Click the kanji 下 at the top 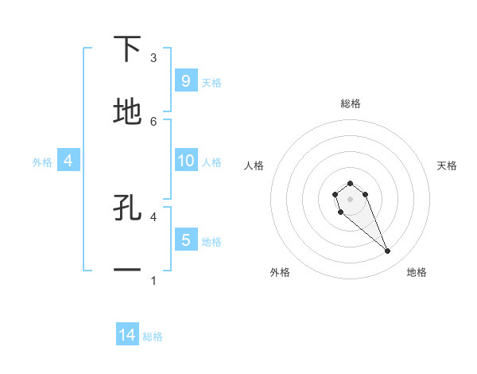(127, 49)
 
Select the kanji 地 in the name (127, 112)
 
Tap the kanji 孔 (127, 208)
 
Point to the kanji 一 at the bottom (127, 271)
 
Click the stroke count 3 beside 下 (153, 58)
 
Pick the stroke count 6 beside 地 (153, 121)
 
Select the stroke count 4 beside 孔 (153, 216)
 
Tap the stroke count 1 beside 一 (153, 280)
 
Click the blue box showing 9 (185, 80)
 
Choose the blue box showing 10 (185, 161)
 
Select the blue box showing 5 (185, 240)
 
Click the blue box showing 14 (127, 335)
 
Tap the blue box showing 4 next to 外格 (68, 161)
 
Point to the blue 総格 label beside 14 (153, 337)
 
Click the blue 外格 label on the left (42, 162)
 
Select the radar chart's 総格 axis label (351, 103)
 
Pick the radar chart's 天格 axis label (447, 166)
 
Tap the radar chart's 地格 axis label (417, 272)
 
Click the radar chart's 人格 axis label (254, 166)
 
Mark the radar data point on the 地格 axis (388, 251)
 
